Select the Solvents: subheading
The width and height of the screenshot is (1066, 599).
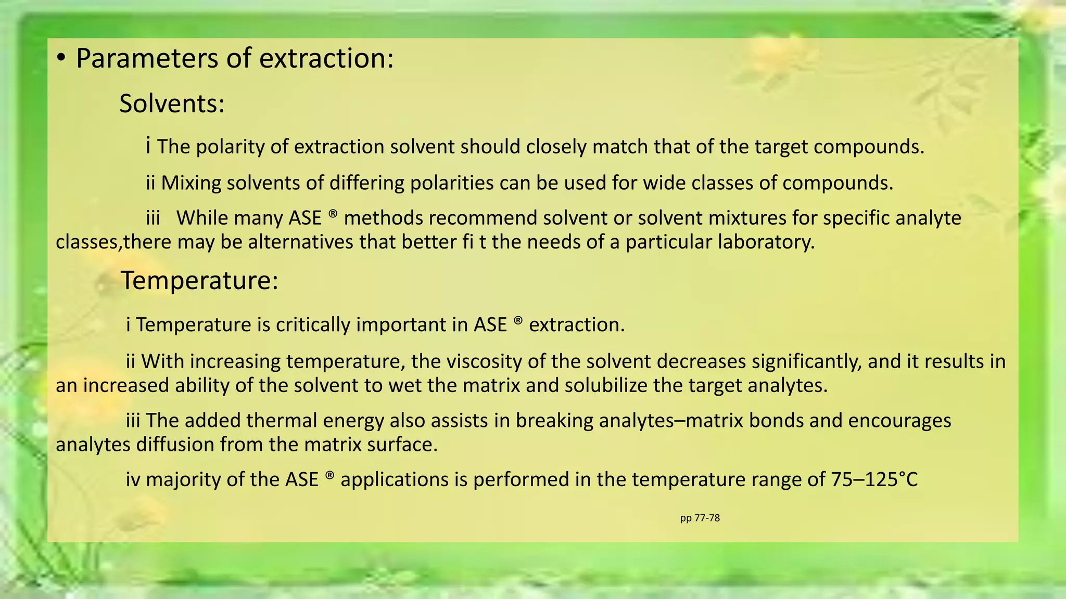tap(172, 103)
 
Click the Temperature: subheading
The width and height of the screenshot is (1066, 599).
tap(199, 281)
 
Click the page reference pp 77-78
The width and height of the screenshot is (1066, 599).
tap(700, 518)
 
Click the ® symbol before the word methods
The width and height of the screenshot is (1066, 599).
tap(333, 214)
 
